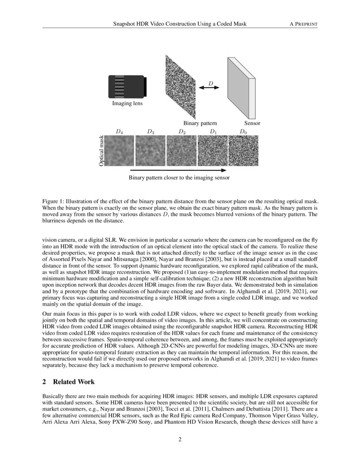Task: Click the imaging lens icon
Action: pos(127,86)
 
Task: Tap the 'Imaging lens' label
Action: pos(127,103)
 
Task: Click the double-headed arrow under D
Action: pos(210,88)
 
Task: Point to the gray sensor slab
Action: pos(241,87)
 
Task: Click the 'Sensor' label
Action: pos(252,123)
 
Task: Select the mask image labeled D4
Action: pos(119,151)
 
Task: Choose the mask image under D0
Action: pos(243,151)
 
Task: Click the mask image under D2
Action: pos(181,151)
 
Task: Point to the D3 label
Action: pos(150,132)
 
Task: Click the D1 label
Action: pos(213,132)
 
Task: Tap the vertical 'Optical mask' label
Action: pos(101,151)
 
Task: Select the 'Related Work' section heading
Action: pos(74,382)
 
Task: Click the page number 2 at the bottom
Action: pos(180,439)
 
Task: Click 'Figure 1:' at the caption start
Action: pos(55,200)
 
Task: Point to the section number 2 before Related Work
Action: pos(44,382)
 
